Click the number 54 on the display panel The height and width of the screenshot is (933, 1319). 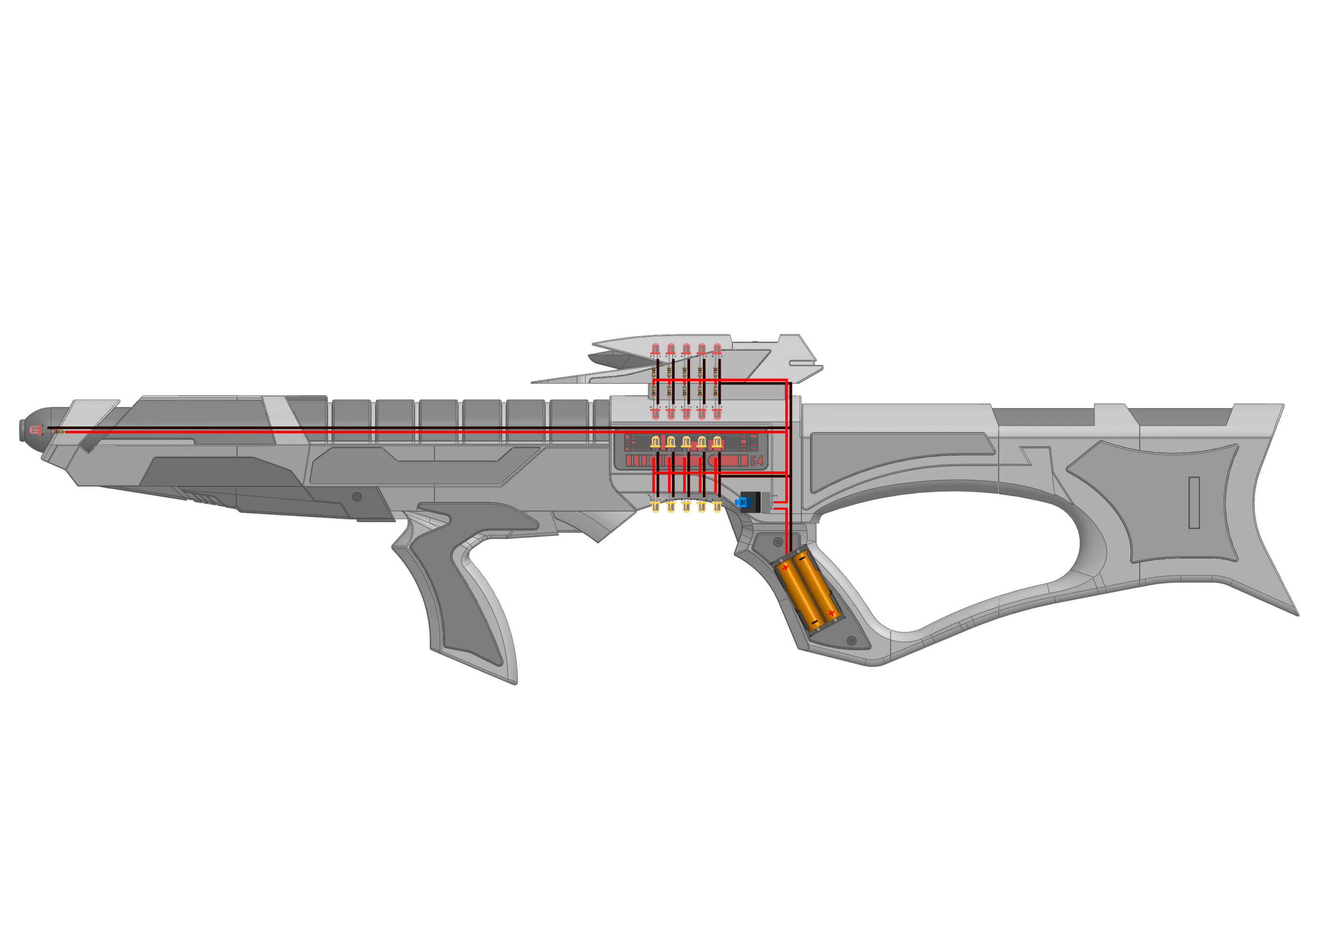coord(757,461)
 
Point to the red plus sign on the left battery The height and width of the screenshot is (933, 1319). coord(785,568)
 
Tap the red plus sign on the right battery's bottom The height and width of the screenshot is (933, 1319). coord(831,613)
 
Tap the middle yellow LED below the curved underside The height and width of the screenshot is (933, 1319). coord(686,507)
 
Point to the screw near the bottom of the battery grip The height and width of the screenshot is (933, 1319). coord(852,640)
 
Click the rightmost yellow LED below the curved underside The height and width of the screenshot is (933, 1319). coord(717,507)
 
